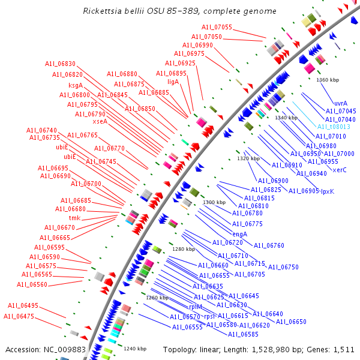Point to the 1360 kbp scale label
(328, 79)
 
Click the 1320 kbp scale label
(248, 158)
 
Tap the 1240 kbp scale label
(135, 348)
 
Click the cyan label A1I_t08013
(334, 127)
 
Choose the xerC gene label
(340, 170)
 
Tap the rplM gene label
(196, 306)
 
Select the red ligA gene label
(173, 81)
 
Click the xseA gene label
(100, 121)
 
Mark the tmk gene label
(74, 218)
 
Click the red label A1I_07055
(217, 28)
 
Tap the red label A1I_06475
(19, 316)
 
